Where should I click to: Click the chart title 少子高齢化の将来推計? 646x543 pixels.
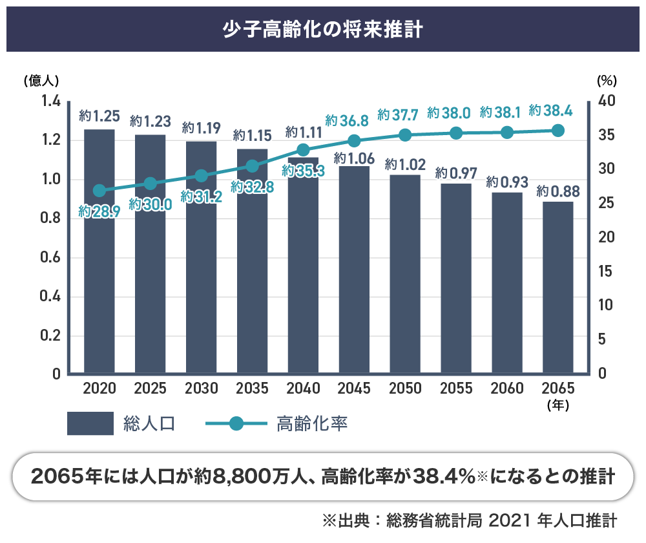(x=322, y=30)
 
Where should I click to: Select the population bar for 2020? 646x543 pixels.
(x=99, y=252)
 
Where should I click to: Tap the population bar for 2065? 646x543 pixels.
(x=557, y=288)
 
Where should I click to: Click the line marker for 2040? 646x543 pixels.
(x=303, y=150)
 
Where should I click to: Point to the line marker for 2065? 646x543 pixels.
(x=558, y=131)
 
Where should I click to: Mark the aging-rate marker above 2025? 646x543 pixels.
(x=151, y=184)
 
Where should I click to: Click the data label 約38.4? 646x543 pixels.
(x=550, y=111)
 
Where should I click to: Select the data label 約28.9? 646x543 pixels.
(x=99, y=211)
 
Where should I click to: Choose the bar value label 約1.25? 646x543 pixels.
(x=99, y=117)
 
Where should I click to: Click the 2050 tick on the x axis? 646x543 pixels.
(x=405, y=389)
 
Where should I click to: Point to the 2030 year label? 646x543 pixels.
(x=202, y=389)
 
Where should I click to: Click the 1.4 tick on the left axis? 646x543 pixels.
(x=50, y=101)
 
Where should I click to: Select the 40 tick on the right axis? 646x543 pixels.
(x=607, y=101)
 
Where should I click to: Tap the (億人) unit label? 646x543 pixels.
(x=41, y=81)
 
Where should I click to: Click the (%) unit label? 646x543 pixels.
(x=607, y=81)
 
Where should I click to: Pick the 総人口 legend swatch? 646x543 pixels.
(x=90, y=424)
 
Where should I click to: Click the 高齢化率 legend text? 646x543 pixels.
(x=312, y=424)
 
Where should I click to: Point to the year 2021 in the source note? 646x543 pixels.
(x=510, y=520)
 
